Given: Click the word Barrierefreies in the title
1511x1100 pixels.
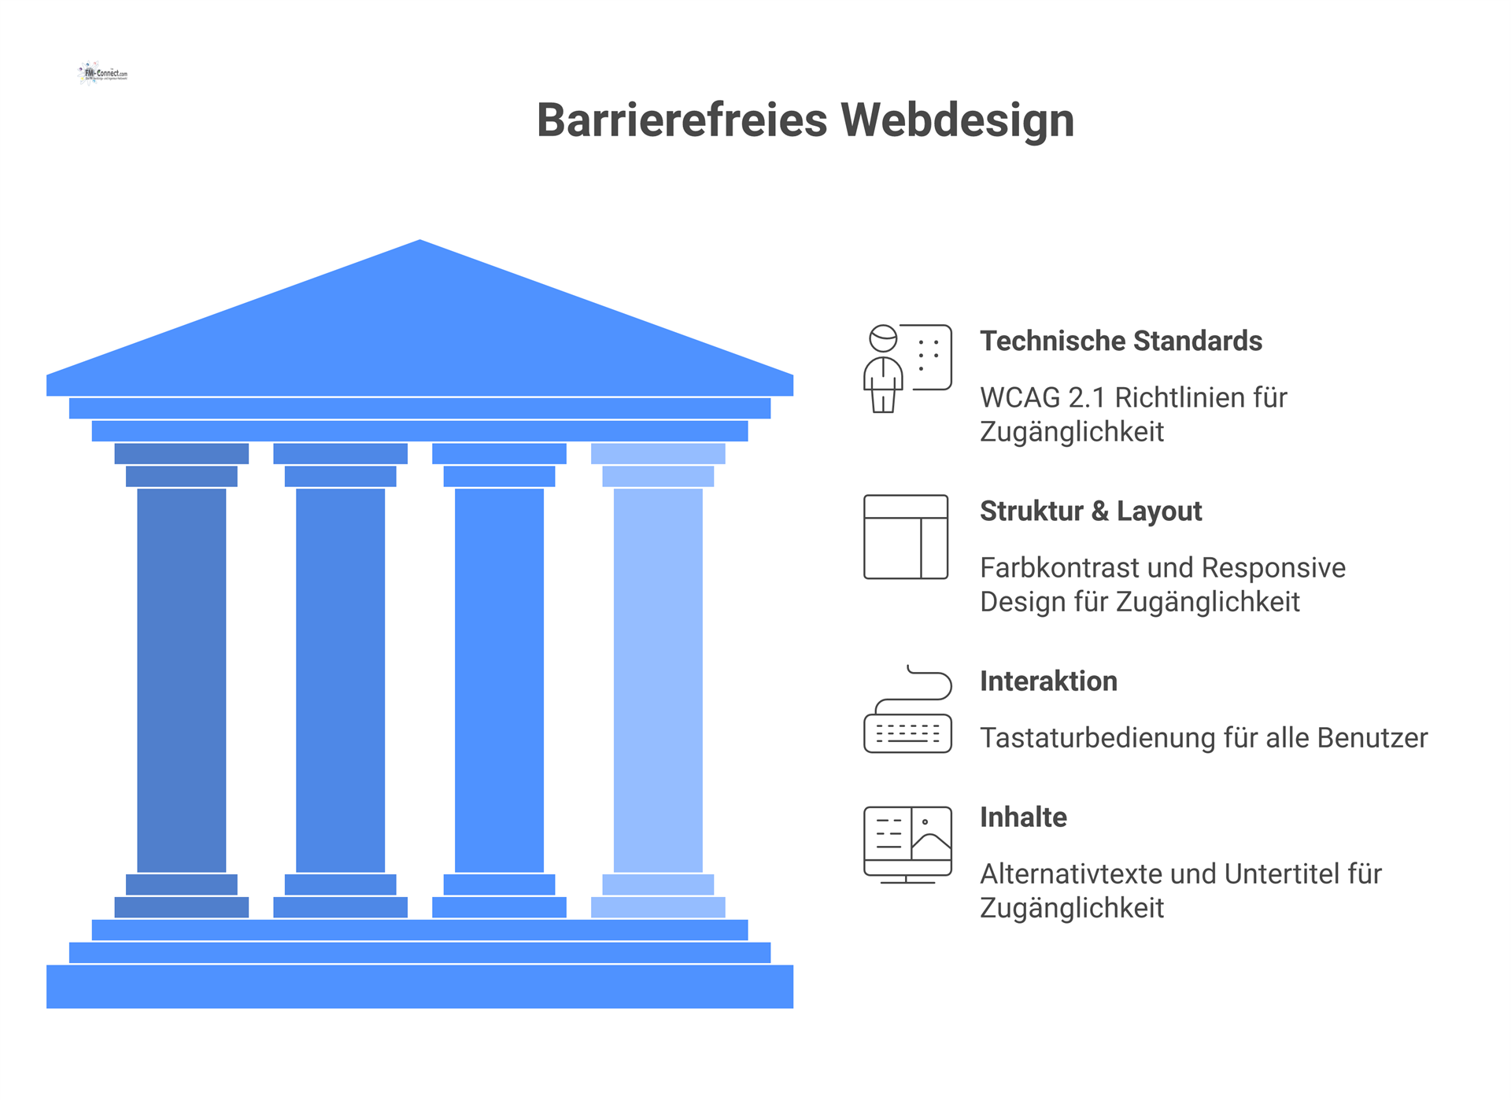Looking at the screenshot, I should [682, 120].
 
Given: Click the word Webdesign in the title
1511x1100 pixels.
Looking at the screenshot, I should [957, 120].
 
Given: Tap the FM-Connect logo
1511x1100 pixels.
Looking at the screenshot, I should [103, 73].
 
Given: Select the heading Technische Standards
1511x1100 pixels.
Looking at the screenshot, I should [1121, 341].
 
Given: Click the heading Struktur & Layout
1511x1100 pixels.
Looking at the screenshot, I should [1091, 511].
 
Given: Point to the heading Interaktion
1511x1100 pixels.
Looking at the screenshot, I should [1048, 681].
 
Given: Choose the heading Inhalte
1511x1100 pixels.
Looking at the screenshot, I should [1023, 817].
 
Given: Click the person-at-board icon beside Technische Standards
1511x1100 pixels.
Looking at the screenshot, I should [907, 368].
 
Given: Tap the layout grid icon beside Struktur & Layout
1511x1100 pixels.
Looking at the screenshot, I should [906, 537].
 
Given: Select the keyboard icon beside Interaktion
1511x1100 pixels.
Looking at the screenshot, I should [907, 710].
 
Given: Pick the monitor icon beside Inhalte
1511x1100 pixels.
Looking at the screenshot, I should [907, 844].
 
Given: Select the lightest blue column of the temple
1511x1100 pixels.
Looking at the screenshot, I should [658, 680].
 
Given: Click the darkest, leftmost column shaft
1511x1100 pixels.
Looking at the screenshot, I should [181, 680].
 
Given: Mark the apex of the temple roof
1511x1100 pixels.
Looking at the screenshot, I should [420, 244].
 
